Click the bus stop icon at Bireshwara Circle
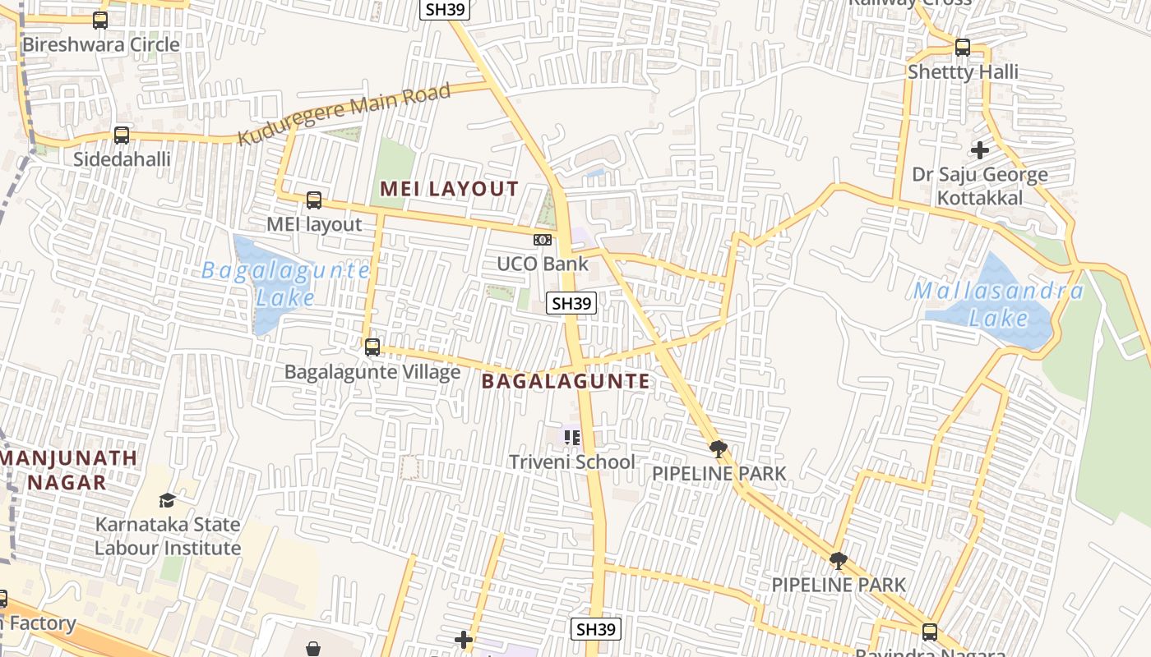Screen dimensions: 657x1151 (x=100, y=21)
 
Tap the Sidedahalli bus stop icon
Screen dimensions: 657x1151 (x=122, y=135)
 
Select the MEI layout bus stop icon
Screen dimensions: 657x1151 (x=313, y=200)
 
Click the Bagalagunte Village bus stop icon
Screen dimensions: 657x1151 (x=372, y=347)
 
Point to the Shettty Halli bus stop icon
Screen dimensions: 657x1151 (x=962, y=48)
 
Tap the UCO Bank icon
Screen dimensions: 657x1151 (x=542, y=240)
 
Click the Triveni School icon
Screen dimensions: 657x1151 (x=572, y=437)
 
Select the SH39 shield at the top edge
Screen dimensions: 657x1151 (x=445, y=8)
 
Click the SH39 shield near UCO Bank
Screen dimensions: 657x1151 (x=571, y=303)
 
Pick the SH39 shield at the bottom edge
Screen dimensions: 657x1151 (x=596, y=630)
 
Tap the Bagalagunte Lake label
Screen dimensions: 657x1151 (x=285, y=283)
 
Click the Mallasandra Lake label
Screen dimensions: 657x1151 (x=998, y=304)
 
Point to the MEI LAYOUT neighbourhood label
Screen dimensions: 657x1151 (x=449, y=189)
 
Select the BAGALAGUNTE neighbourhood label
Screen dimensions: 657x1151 (x=566, y=381)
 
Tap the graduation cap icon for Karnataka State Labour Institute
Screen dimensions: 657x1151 (x=168, y=500)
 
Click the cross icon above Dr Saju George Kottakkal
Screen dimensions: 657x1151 (x=979, y=150)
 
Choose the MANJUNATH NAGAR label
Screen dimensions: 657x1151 (x=69, y=470)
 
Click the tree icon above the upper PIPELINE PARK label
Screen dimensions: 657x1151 (x=718, y=448)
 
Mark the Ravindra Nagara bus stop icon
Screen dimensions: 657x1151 (x=930, y=632)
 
